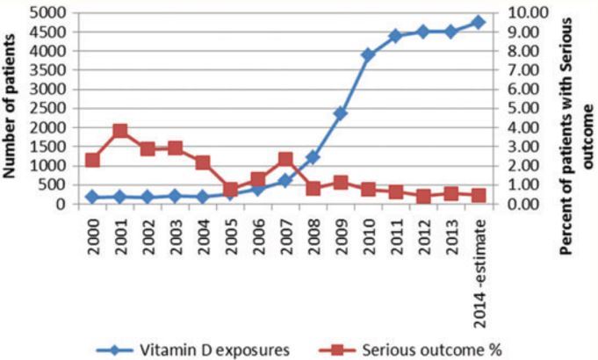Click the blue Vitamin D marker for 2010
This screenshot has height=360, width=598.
pyautogui.click(x=368, y=54)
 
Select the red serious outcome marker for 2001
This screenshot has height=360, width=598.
pyautogui.click(x=119, y=131)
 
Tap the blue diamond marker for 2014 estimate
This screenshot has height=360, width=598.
pyautogui.click(x=479, y=22)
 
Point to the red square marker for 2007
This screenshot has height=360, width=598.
pyautogui.click(x=285, y=159)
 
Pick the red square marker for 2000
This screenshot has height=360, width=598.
pyautogui.click(x=92, y=160)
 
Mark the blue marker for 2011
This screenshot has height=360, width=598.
pyautogui.click(x=396, y=36)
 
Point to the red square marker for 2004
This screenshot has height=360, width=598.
pyautogui.click(x=203, y=162)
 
